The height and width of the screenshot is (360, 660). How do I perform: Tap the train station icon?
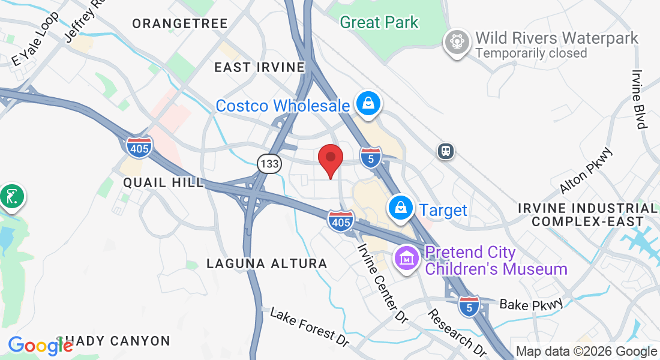tap(445, 151)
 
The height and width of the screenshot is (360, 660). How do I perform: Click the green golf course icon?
tap(11, 196)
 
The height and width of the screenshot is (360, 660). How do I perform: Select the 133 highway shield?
tap(269, 163)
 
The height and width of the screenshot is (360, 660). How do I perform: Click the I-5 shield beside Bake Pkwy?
tap(469, 305)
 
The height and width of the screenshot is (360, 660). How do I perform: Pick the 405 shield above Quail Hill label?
tap(139, 147)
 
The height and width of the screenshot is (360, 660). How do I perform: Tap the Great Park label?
tap(379, 23)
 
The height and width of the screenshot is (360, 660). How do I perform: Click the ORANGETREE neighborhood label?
tap(180, 24)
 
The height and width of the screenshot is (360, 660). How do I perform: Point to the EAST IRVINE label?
tap(260, 67)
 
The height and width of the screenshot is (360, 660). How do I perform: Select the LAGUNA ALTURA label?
tap(267, 263)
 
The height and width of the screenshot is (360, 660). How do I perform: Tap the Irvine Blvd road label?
tap(638, 100)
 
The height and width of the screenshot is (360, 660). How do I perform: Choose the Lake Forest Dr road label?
tap(310, 327)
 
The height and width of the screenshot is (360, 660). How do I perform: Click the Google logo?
tap(40, 346)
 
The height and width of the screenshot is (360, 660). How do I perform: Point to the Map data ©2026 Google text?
tap(587, 352)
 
